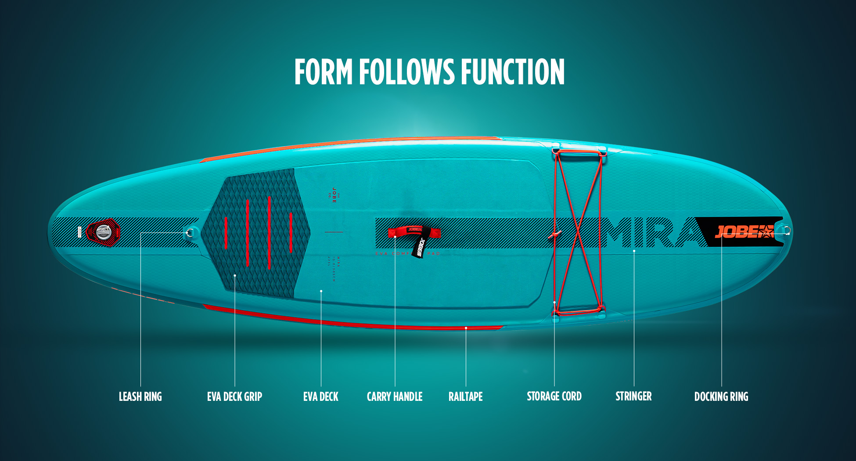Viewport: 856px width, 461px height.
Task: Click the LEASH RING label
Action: [x=140, y=396]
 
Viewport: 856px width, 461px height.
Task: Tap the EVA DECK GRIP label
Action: [x=234, y=396]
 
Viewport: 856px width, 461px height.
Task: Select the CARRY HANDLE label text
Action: [x=394, y=396]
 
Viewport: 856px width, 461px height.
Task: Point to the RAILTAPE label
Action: [x=465, y=396]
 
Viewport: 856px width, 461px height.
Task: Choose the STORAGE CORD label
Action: [x=554, y=396]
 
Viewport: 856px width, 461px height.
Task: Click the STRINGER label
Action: [x=633, y=396]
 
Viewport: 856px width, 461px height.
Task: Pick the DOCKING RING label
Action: [x=721, y=396]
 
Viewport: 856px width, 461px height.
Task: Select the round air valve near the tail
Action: [x=104, y=231]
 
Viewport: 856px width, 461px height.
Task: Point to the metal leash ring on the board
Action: [x=190, y=232]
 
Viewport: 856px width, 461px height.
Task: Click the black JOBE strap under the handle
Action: [x=418, y=249]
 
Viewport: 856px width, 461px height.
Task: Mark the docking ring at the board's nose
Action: [x=786, y=230]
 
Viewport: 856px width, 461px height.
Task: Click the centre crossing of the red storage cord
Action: [x=578, y=231]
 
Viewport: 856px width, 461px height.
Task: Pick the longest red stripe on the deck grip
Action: [x=269, y=233]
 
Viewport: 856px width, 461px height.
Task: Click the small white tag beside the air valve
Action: [x=79, y=232]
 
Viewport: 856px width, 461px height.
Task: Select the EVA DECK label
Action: [x=320, y=396]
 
